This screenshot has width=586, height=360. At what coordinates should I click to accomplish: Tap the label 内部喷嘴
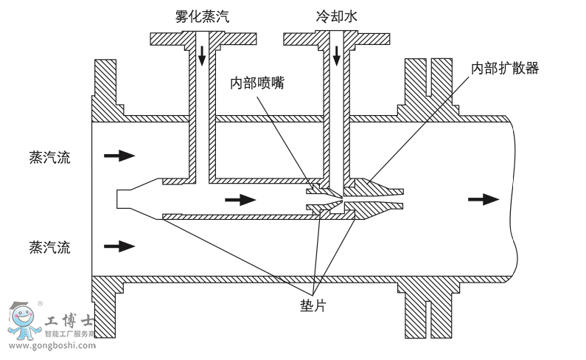click(x=257, y=83)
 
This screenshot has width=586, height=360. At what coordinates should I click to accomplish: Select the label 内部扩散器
click(x=505, y=68)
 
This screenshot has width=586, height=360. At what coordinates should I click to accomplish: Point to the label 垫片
click(x=313, y=305)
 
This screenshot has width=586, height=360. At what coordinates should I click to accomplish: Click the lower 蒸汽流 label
click(x=50, y=246)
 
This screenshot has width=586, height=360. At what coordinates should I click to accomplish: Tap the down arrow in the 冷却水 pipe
click(x=337, y=53)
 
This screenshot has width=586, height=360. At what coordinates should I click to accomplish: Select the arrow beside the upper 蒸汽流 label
click(x=119, y=156)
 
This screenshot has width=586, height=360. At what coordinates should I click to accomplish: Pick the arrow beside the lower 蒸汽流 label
click(x=119, y=246)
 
